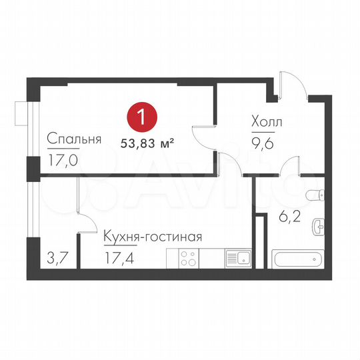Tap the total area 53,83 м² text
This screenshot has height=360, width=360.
147,141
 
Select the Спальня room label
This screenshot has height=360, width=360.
73,139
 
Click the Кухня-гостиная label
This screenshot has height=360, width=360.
152,236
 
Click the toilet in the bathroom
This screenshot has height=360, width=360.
314,195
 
